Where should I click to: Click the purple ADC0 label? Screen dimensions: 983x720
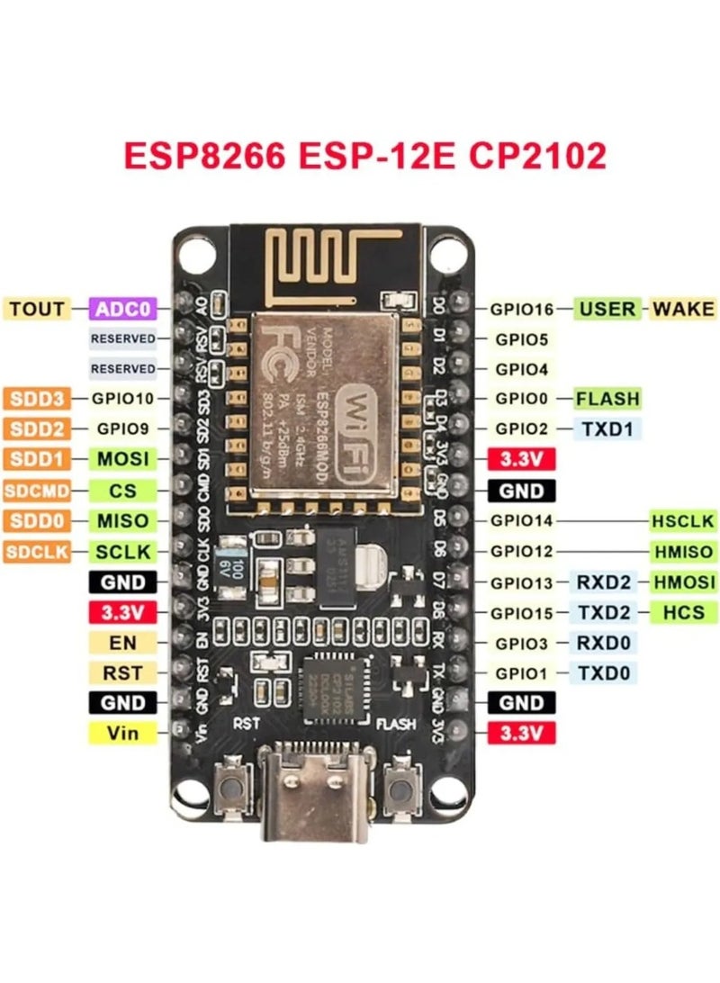123,309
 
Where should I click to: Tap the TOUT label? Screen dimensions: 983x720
37,309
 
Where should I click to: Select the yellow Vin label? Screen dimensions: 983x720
122,733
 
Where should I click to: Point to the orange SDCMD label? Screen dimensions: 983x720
36,491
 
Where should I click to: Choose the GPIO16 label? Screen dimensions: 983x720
522,309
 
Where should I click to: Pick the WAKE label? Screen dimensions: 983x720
682,309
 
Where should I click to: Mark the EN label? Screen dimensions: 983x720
122,642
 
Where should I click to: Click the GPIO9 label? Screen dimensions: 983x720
122,428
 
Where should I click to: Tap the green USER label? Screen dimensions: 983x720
607,309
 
